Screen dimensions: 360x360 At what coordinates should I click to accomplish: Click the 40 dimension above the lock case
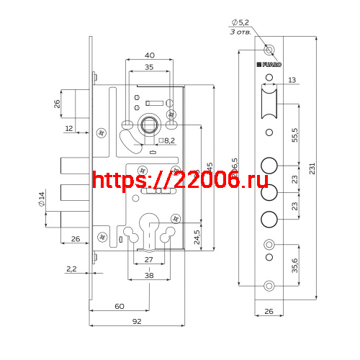[x=149, y=55]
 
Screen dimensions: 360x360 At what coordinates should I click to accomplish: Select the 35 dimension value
[x=149, y=67]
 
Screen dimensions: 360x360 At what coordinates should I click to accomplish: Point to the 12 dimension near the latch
[x=68, y=128]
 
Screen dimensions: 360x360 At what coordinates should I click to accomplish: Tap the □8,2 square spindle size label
[x=167, y=140]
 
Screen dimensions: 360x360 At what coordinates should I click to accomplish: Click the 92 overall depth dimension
[x=137, y=323]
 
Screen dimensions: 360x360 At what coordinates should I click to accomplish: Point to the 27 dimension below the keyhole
[x=149, y=258]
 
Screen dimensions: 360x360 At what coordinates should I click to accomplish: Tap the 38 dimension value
[x=149, y=274]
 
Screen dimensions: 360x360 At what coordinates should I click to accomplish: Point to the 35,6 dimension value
[x=295, y=265]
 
